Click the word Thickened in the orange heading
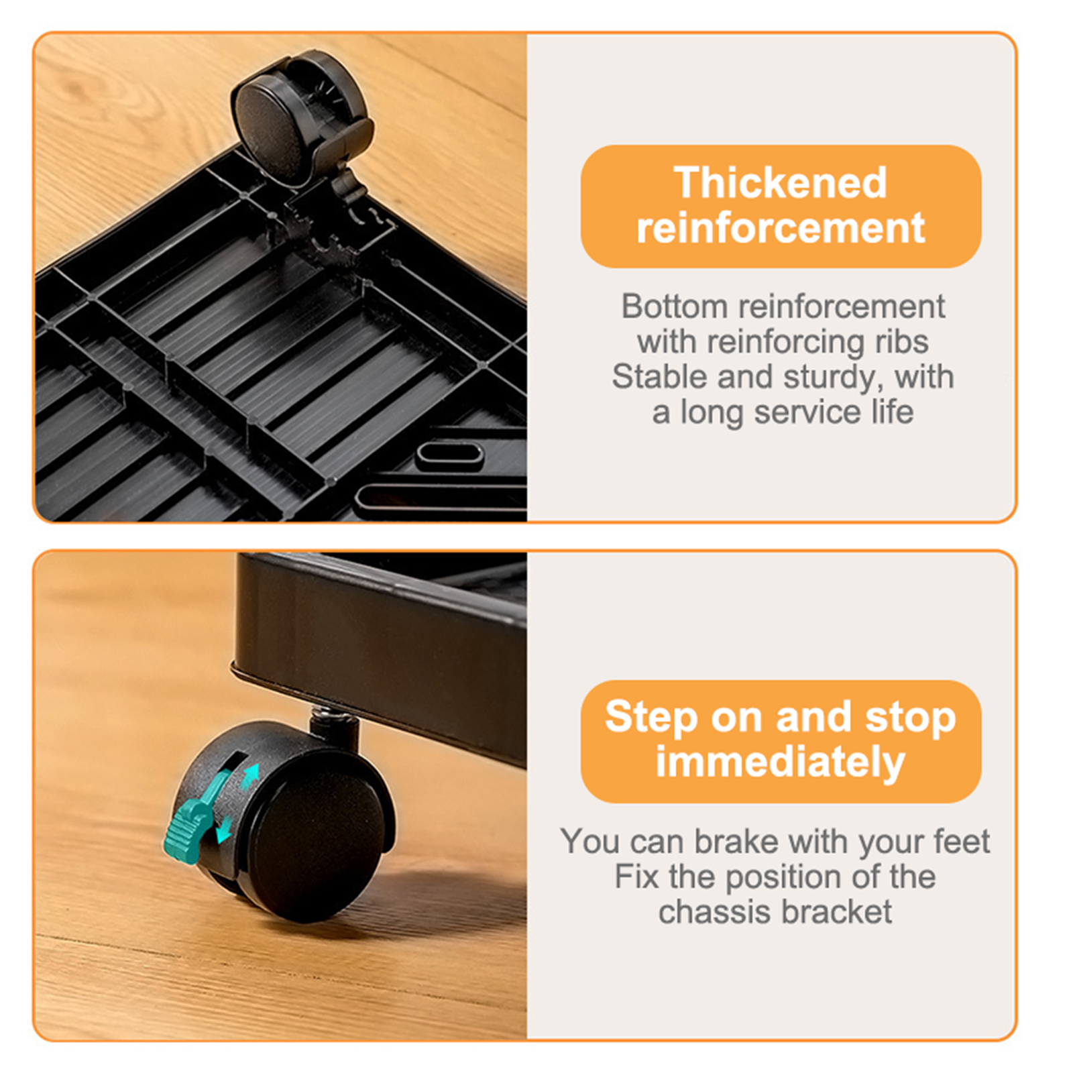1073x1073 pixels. point(781,182)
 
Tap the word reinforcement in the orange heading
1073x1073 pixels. point(781,228)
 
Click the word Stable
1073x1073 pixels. point(661,376)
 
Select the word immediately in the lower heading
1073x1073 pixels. point(781,763)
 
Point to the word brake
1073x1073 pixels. point(736,841)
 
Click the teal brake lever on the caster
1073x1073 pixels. point(190,822)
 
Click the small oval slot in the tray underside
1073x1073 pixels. point(449,455)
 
